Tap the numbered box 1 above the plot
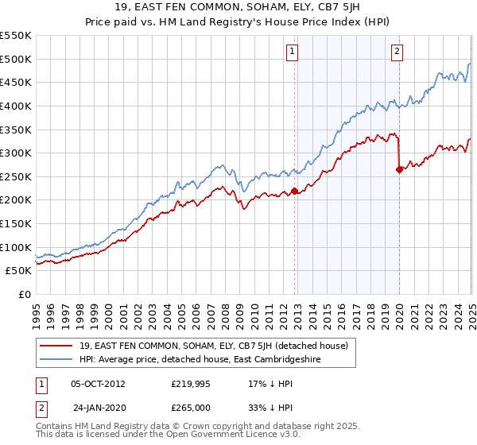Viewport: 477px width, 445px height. [293, 52]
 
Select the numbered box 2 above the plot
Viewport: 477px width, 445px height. [397, 52]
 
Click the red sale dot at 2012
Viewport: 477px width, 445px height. [294, 191]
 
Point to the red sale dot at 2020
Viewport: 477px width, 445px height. [399, 169]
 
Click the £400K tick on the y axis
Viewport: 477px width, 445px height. [17, 106]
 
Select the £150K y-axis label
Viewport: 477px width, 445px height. [17, 223]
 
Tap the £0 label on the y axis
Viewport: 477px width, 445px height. [24, 294]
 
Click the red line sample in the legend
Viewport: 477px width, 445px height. [56, 346]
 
